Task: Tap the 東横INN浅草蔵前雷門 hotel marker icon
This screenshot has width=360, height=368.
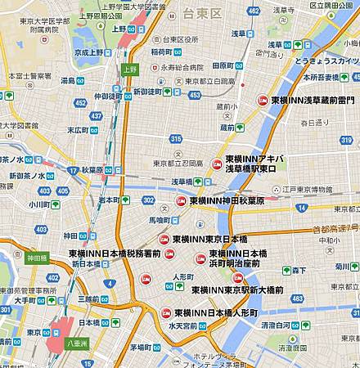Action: (x=263, y=100)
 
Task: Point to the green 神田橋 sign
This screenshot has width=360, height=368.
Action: (x=37, y=258)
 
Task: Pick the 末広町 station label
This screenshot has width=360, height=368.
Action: (x=77, y=130)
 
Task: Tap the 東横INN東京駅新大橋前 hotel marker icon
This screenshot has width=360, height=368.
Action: (x=238, y=278)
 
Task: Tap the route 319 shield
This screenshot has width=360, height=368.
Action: (x=344, y=139)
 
